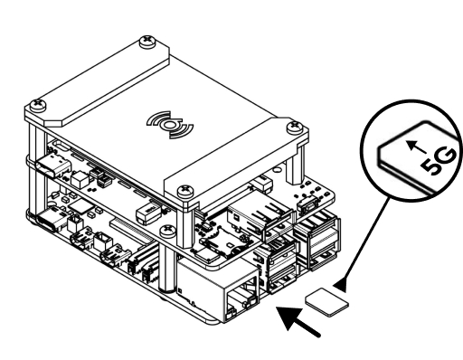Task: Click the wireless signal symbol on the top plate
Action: pyautogui.click(x=170, y=125)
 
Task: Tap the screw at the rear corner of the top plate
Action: pyautogui.click(x=147, y=42)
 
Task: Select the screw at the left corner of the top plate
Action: pyautogui.click(x=38, y=105)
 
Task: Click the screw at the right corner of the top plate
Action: pyautogui.click(x=295, y=127)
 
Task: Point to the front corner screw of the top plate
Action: pyautogui.click(x=184, y=191)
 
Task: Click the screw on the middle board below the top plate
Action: pyautogui.click(x=167, y=232)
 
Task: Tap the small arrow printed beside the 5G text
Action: pyautogui.click(x=417, y=147)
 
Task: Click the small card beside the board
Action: pyautogui.click(x=327, y=302)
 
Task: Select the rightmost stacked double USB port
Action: pyautogui.click(x=318, y=240)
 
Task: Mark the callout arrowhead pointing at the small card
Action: pyautogui.click(x=341, y=285)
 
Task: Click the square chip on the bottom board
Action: pyautogui.click(x=80, y=206)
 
